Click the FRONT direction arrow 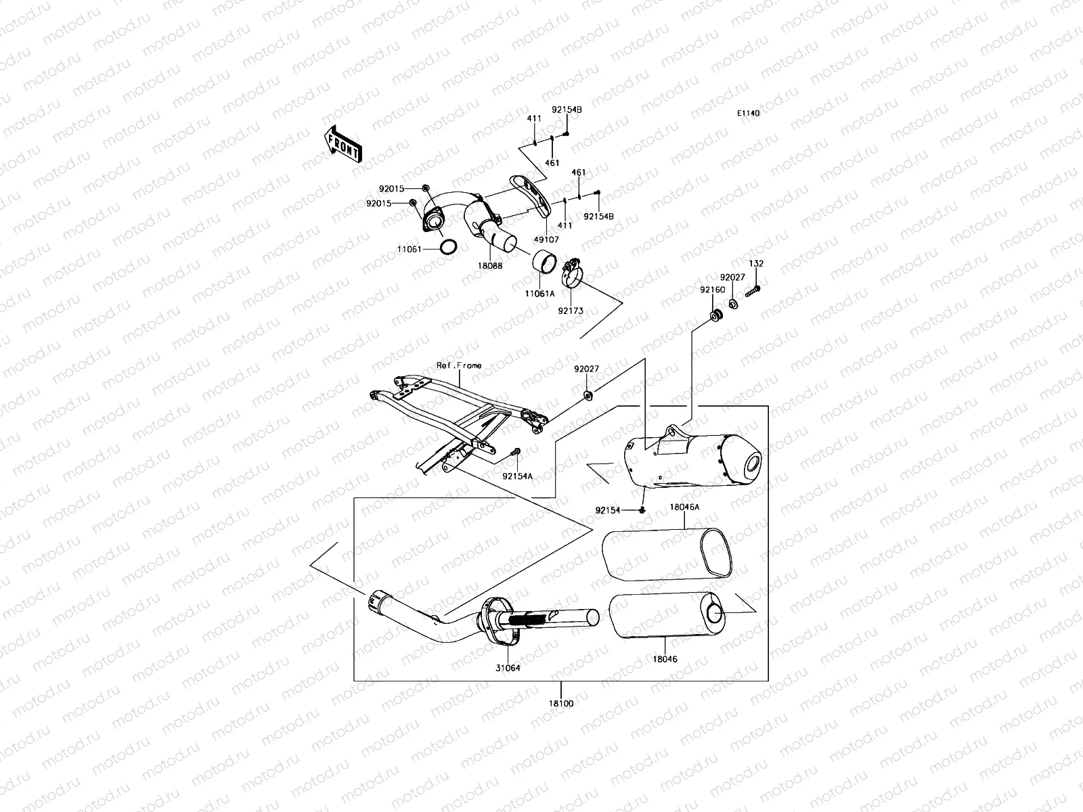[x=344, y=143]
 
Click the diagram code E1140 [x=749, y=113]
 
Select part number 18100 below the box [x=560, y=704]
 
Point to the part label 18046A [x=684, y=507]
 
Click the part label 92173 [x=570, y=311]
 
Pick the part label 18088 [x=489, y=267]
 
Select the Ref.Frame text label [x=459, y=365]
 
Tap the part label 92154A [x=518, y=476]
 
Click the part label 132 [x=756, y=263]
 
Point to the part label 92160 [x=713, y=290]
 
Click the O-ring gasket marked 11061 [x=447, y=247]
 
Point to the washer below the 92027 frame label [x=587, y=392]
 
